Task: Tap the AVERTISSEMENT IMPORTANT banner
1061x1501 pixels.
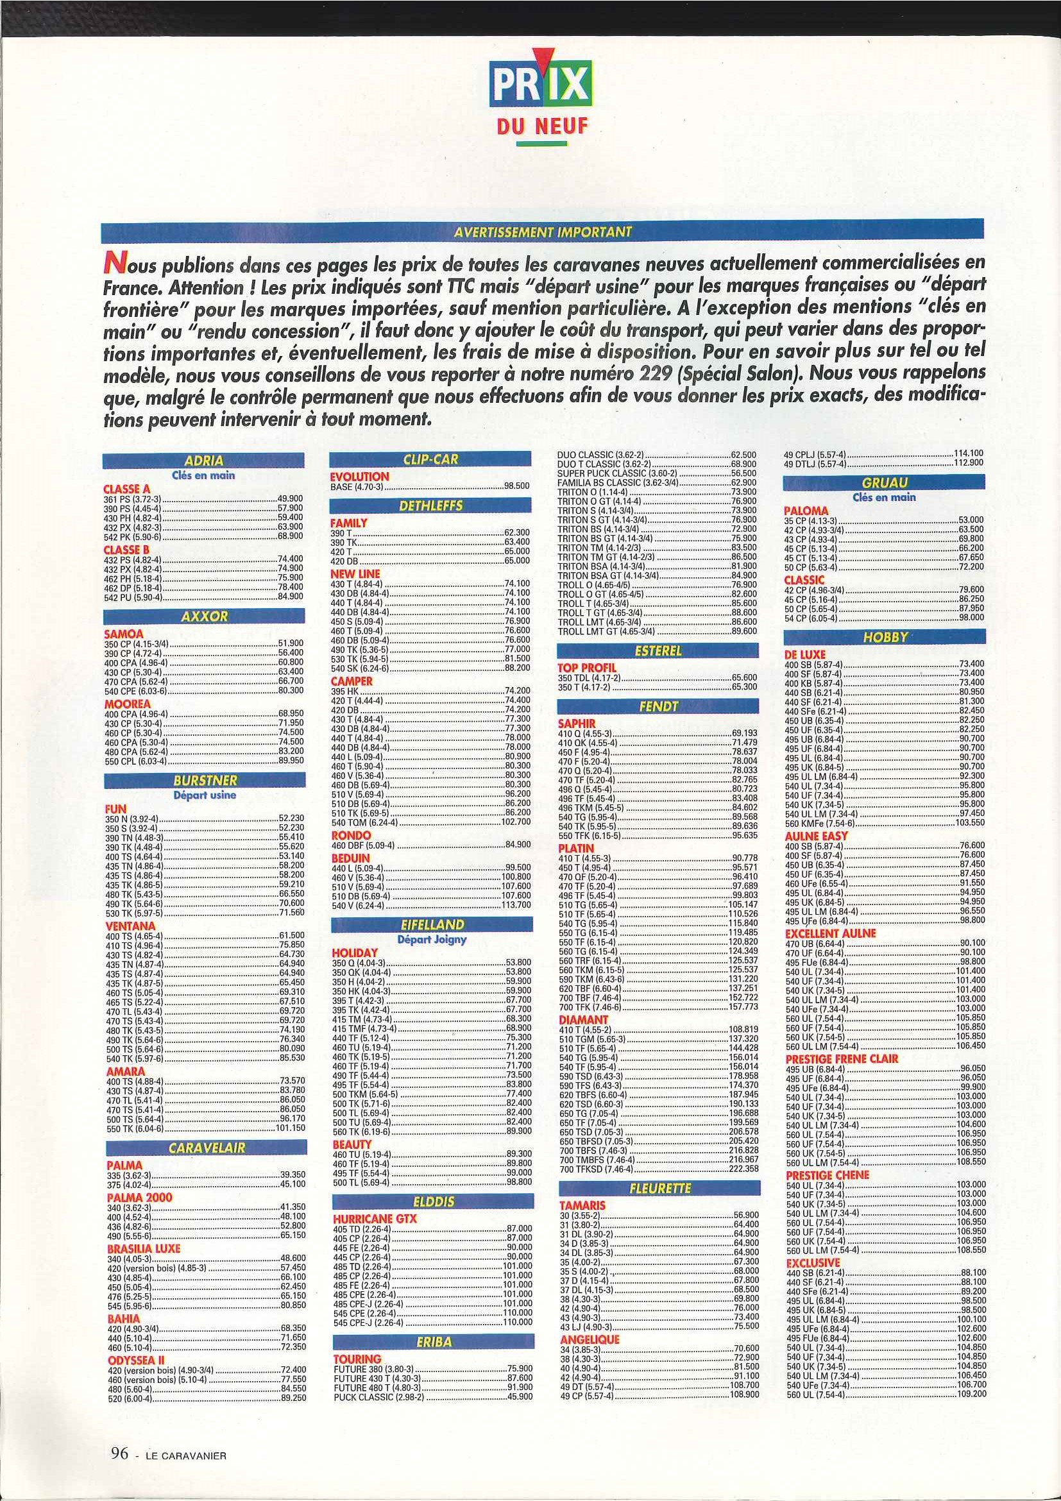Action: tap(543, 232)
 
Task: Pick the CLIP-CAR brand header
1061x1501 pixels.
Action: tap(432, 459)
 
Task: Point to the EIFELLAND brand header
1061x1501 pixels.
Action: tap(433, 925)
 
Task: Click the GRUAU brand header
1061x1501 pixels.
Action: tap(885, 482)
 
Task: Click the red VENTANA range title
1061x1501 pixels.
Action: tap(130, 926)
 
